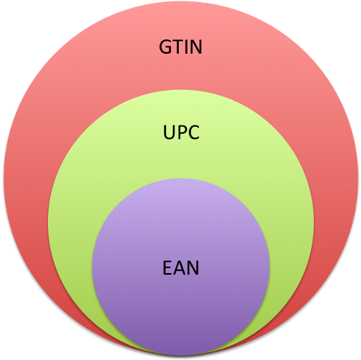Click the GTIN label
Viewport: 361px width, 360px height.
(181, 48)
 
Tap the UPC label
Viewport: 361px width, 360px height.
(181, 133)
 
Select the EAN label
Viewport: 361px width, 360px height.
(181, 268)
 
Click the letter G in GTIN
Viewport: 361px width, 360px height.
(166, 48)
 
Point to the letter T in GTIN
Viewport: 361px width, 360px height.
(177, 48)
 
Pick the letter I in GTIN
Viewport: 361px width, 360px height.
(185, 48)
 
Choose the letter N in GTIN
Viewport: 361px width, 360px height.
(195, 48)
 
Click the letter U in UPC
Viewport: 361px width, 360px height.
(169, 133)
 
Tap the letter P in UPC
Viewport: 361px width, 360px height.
(181, 133)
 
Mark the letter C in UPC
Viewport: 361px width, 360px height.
(192, 133)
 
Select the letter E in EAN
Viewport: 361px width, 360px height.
(168, 268)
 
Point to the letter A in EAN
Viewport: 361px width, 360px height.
(180, 268)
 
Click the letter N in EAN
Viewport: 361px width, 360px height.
(193, 268)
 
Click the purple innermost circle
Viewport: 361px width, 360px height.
(181, 306)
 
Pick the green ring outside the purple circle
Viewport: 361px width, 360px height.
(73, 219)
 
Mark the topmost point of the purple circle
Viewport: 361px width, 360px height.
(181, 179)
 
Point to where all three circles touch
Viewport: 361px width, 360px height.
(181, 354)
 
